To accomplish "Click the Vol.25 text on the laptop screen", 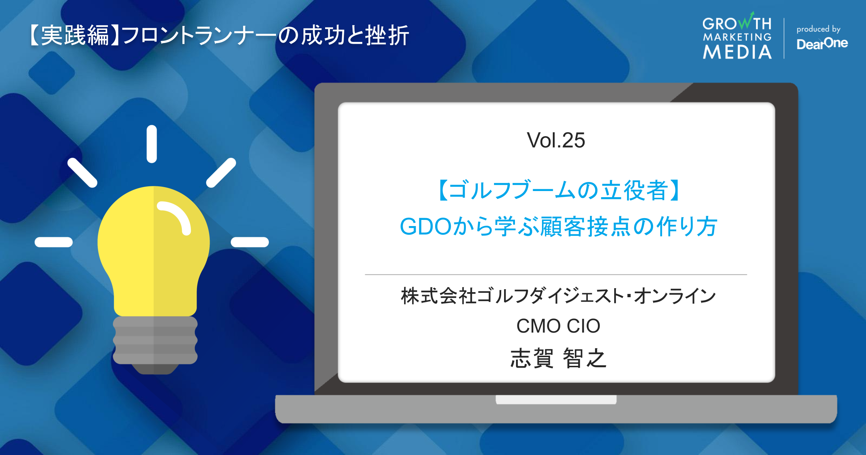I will [556, 140].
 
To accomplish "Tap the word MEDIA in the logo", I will [737, 52].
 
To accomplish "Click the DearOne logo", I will [822, 44].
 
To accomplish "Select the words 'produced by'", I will [818, 29].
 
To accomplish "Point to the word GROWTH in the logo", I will [737, 23].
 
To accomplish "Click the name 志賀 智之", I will [558, 358].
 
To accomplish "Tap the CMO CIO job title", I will [558, 326].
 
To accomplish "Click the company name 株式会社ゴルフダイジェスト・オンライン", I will [558, 296].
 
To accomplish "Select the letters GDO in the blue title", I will [426, 227].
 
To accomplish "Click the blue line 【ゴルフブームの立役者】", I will [558, 190].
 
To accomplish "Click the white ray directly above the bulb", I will [152, 144].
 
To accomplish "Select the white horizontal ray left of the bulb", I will [54, 242].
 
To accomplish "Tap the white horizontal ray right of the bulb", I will [250, 242].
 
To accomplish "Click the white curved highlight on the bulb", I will [177, 216].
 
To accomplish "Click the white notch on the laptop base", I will [556, 400].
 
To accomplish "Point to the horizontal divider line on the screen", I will [556, 275].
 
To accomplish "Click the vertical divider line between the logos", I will [784, 38].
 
